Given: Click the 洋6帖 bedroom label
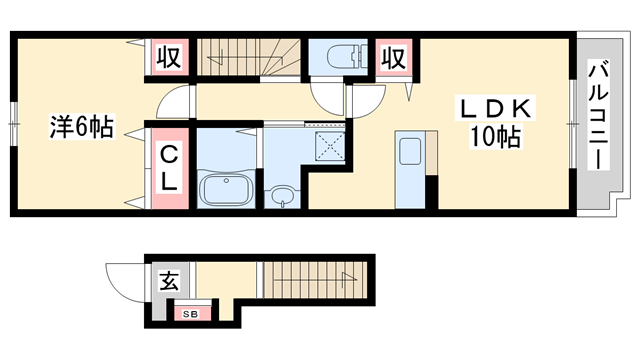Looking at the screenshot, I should point(82,127).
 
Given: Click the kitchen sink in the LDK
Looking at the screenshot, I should point(410,153).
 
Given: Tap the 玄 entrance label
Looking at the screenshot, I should point(169,283).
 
